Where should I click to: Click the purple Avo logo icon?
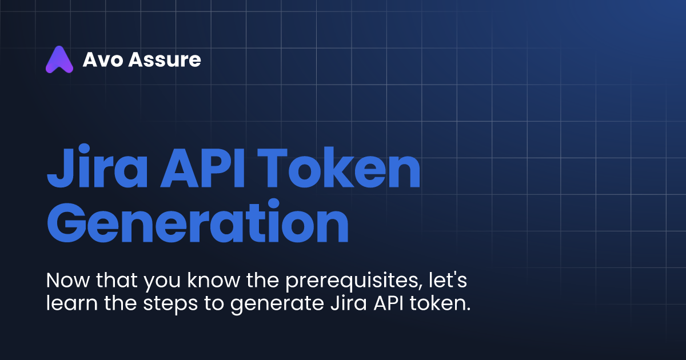tap(59, 59)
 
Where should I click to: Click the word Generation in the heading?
tap(197, 225)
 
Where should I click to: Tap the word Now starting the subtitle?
tap(66, 282)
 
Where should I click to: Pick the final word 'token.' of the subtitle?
tap(441, 303)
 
